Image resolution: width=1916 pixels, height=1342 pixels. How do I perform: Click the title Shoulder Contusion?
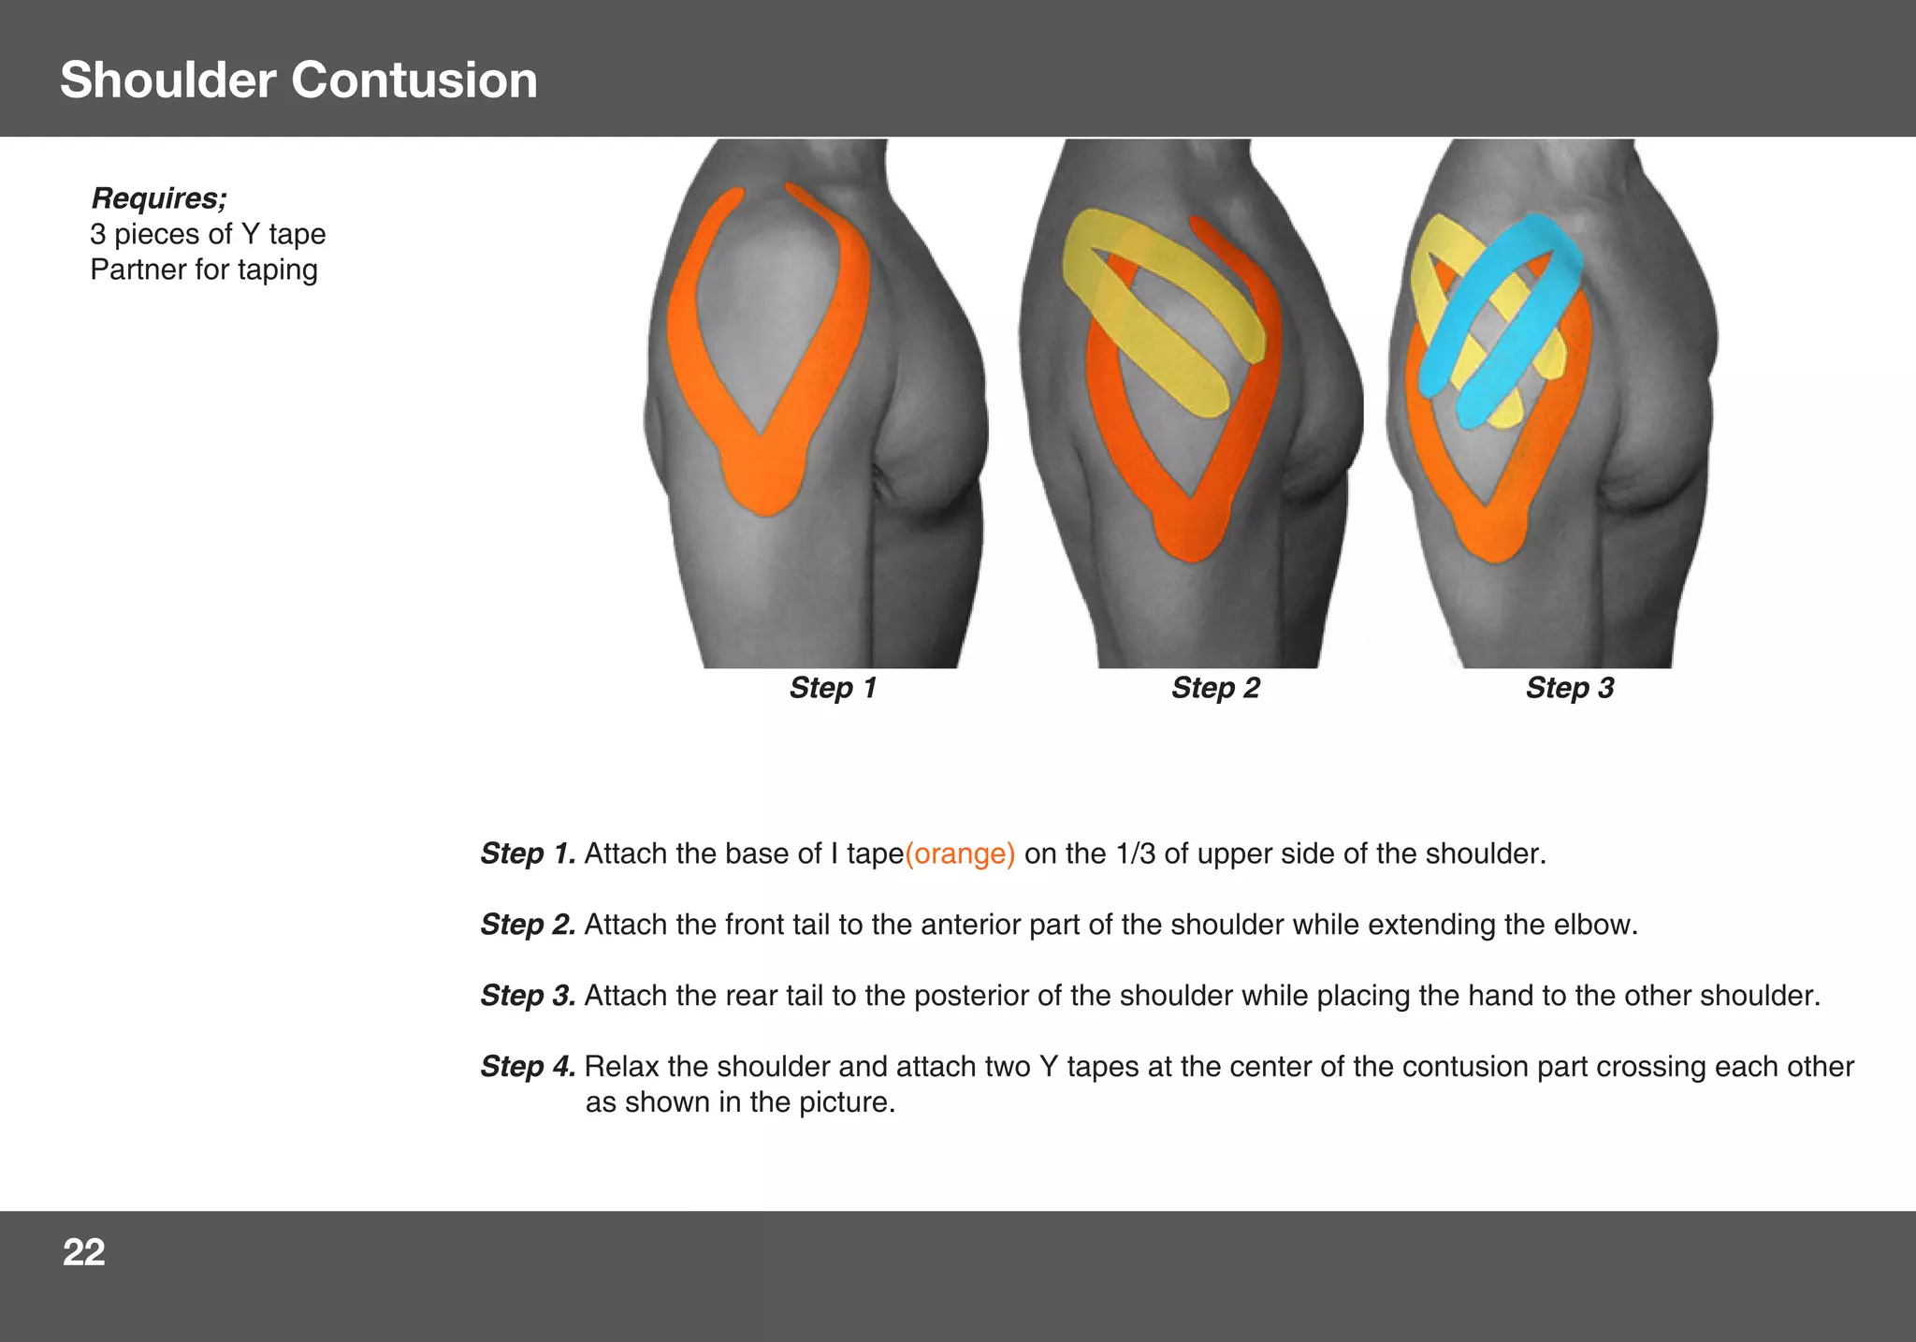tap(298, 80)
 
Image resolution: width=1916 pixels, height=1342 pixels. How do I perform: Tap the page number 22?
tap(83, 1252)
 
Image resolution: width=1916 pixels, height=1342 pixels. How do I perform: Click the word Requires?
tap(158, 198)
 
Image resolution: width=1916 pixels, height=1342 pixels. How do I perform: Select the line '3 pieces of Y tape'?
tap(208, 234)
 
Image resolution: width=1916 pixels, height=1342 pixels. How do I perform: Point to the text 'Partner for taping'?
tap(204, 270)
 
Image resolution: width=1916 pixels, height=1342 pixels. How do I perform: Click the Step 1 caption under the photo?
tap(833, 688)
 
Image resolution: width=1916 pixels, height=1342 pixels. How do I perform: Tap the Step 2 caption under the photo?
tap(1215, 688)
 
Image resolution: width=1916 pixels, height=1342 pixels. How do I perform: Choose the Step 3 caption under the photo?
tap(1570, 688)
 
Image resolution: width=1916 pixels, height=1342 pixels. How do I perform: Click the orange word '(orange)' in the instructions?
tap(960, 853)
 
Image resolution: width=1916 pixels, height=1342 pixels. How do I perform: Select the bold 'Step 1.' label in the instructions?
tap(528, 853)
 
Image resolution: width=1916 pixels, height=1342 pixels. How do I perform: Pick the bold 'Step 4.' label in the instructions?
tap(528, 1067)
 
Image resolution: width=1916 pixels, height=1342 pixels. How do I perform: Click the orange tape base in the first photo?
tap(762, 477)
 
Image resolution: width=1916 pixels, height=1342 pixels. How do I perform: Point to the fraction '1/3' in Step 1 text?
tap(1135, 853)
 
